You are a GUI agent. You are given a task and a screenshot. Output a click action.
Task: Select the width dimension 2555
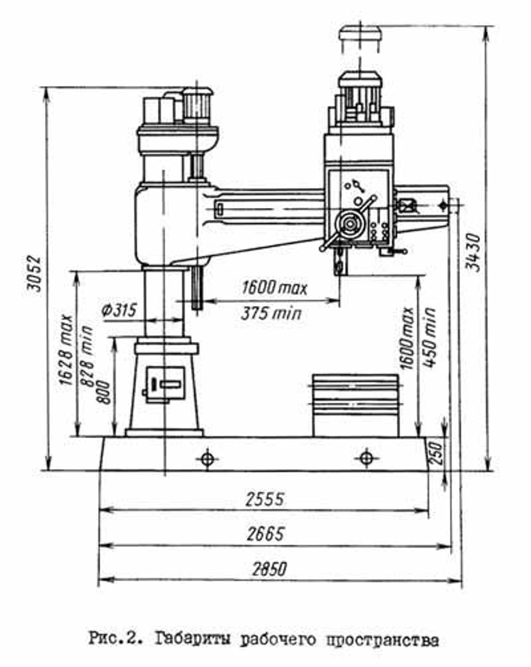pos(264,499)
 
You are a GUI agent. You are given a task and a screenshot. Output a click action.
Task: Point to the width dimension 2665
pos(265,534)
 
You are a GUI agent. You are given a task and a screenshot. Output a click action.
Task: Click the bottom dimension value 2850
pos(269,569)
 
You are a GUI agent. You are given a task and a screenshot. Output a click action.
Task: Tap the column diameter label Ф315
pos(119,310)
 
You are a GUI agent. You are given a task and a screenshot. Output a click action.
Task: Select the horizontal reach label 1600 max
pos(274,287)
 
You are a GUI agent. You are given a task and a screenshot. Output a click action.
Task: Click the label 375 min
pos(271,314)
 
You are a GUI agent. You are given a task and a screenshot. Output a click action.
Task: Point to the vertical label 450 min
pos(430,338)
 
